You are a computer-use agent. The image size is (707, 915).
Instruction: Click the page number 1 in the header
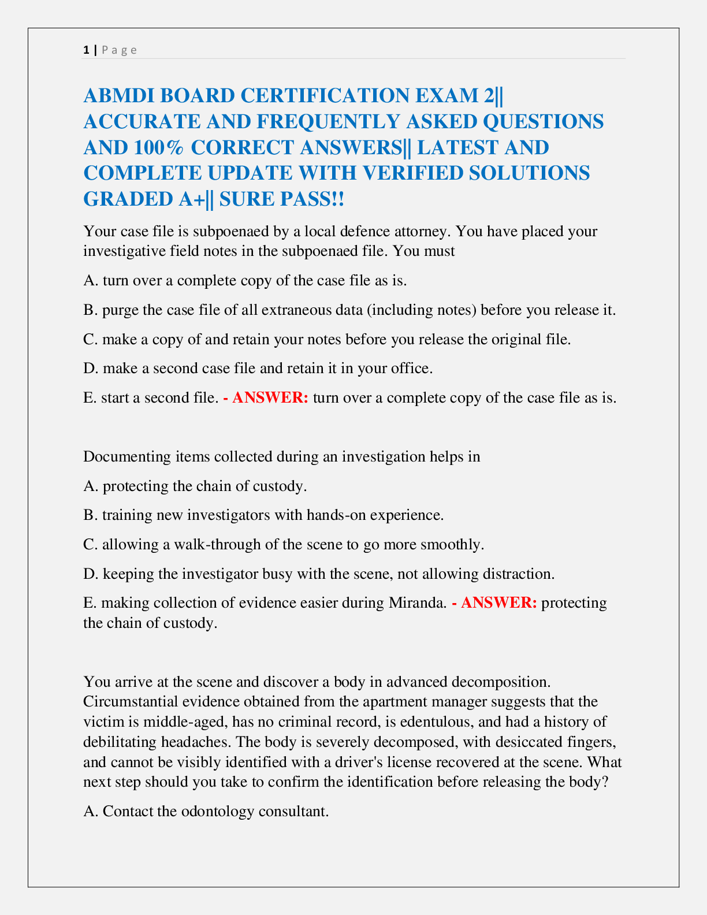(86, 50)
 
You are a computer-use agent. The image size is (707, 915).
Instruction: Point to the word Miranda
(416, 603)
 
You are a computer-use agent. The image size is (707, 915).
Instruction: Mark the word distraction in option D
(518, 574)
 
